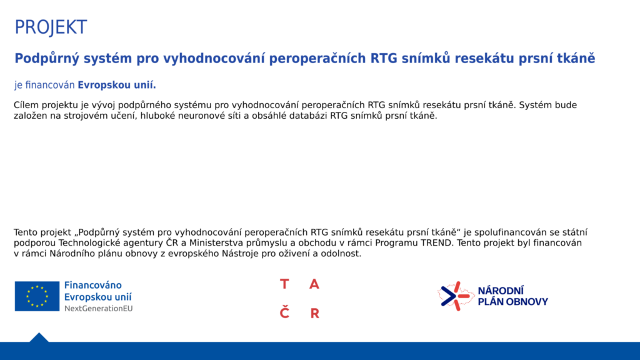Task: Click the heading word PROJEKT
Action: tap(51, 27)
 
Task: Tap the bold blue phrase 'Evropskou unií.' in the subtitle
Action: tap(117, 85)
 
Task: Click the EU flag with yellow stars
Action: tap(37, 296)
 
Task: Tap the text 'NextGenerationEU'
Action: tap(98, 309)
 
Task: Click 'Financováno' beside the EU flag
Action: tap(93, 285)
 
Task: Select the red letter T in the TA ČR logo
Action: tap(284, 284)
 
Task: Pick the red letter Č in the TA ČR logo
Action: tap(284, 312)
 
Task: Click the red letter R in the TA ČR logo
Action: tap(314, 313)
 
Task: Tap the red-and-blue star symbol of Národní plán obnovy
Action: tap(456, 296)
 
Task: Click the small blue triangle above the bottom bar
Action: tap(39, 337)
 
